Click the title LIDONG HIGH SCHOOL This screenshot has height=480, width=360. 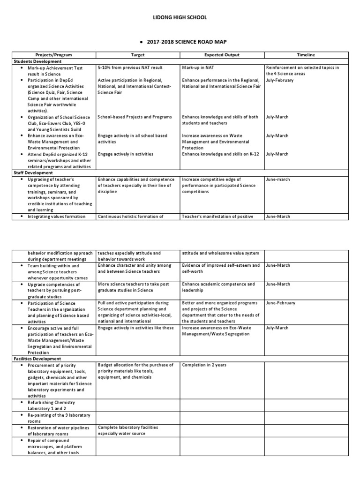(180, 17)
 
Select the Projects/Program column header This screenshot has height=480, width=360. (53, 55)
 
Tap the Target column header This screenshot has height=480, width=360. (138, 55)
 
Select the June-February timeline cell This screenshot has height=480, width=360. (280, 303)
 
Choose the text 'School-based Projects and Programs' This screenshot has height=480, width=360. (135, 117)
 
